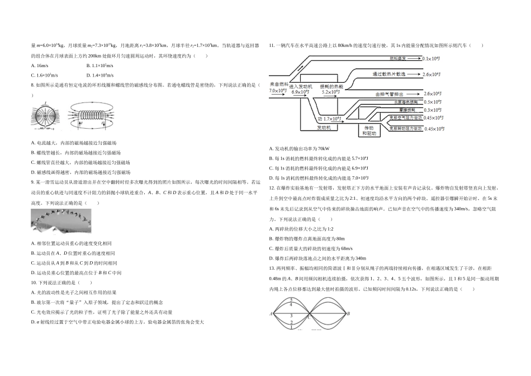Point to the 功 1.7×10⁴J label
330,119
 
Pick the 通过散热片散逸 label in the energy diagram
390,74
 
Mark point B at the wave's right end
348,314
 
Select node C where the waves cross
310,317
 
